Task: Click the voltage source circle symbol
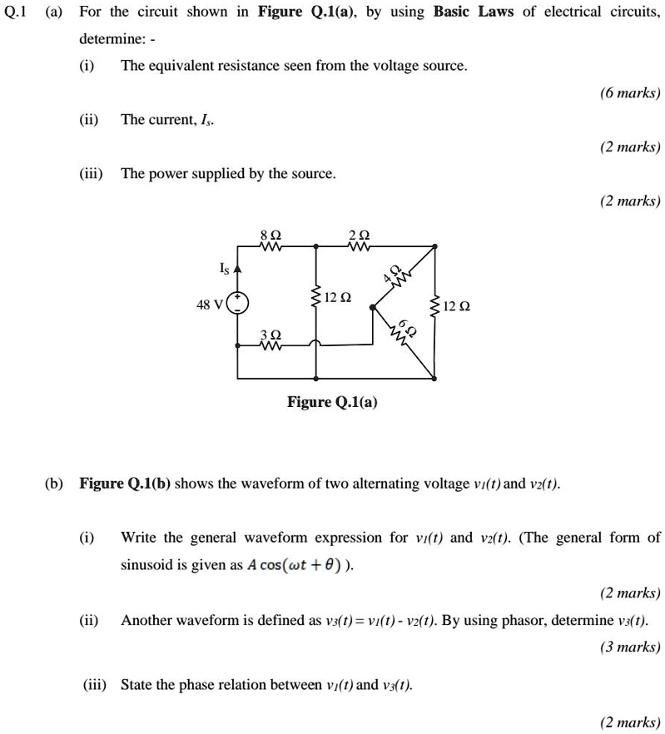[238, 302]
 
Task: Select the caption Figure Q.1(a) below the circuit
[332, 403]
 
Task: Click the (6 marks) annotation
[630, 94]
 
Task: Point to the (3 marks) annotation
[630, 647]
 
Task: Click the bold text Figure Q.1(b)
[125, 484]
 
